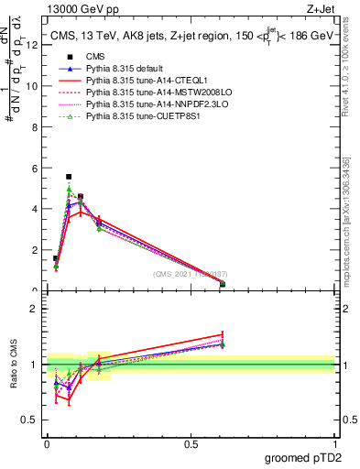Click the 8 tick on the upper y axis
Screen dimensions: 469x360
coord(37,127)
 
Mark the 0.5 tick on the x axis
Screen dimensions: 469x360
coord(191,444)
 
